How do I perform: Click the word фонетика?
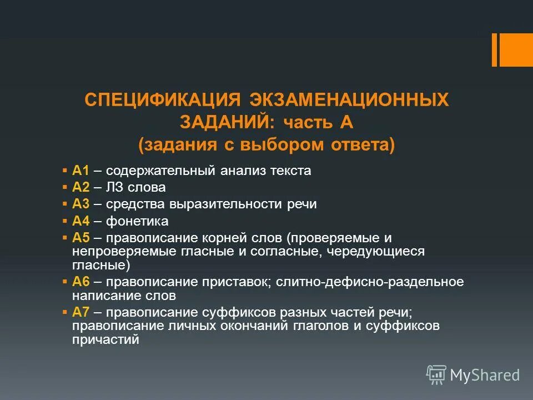[x=137, y=221]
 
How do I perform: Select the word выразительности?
[x=223, y=204]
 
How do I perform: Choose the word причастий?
[x=105, y=339]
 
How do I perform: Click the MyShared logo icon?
[x=436, y=375]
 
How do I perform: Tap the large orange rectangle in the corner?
[x=516, y=49]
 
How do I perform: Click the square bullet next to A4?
[x=65, y=221]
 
